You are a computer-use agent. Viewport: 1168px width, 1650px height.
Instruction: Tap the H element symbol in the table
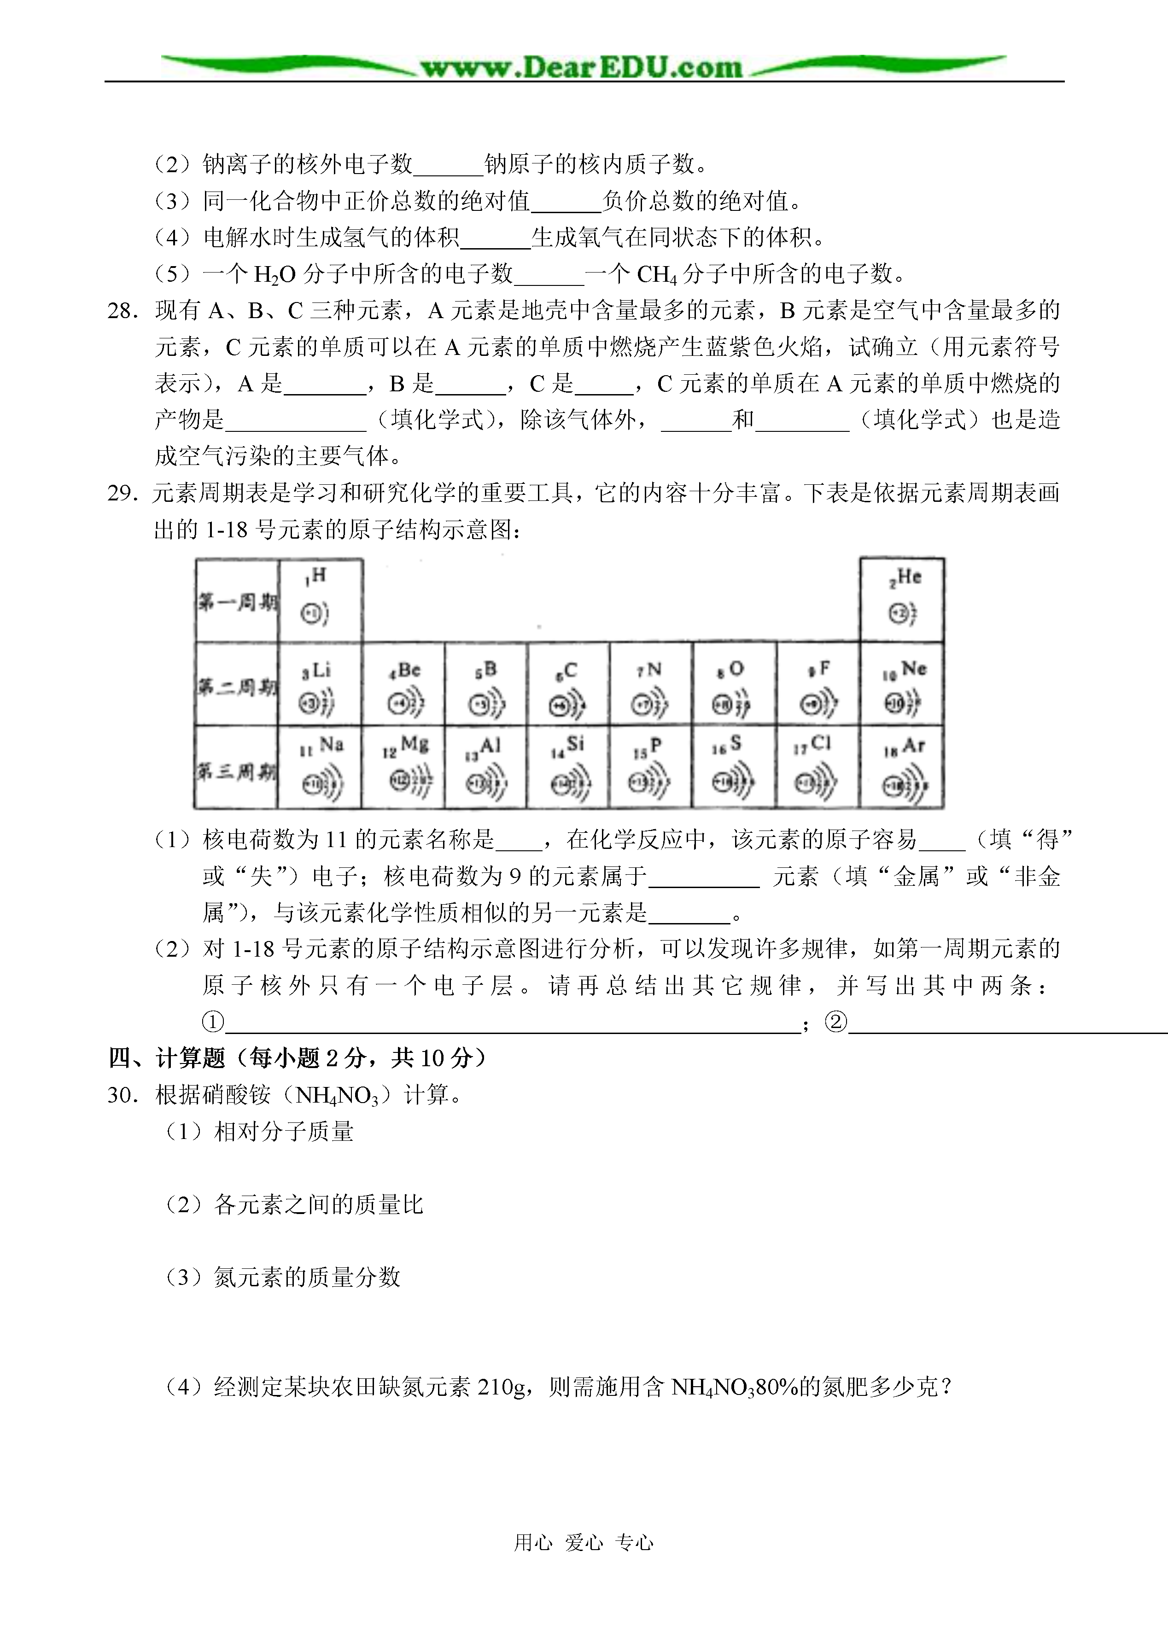pos(319,575)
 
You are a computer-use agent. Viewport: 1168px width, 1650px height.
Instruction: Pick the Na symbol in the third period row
pos(331,745)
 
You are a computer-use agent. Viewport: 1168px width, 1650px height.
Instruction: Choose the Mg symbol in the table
pos(414,745)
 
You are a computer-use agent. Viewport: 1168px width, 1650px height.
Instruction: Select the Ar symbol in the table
pos(913,745)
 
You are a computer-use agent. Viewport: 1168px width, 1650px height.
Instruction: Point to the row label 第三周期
pos(237,772)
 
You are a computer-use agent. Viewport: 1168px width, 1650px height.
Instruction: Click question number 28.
pos(122,311)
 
